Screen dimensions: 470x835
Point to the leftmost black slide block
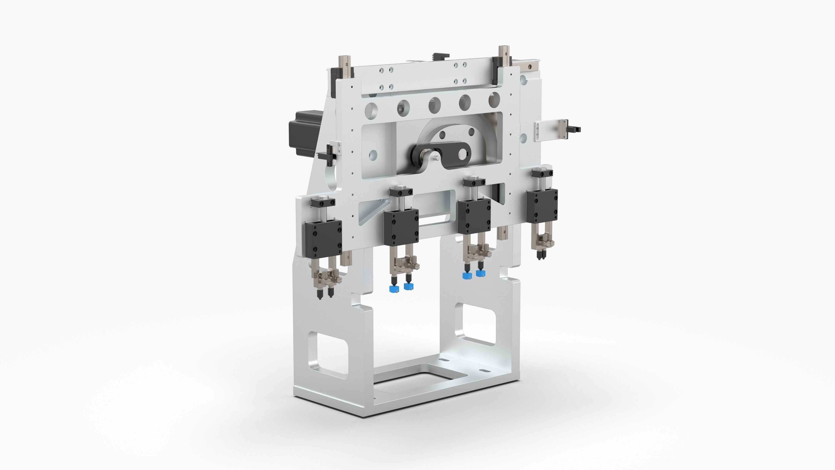click(x=323, y=238)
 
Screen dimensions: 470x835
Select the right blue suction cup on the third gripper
click(x=480, y=273)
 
